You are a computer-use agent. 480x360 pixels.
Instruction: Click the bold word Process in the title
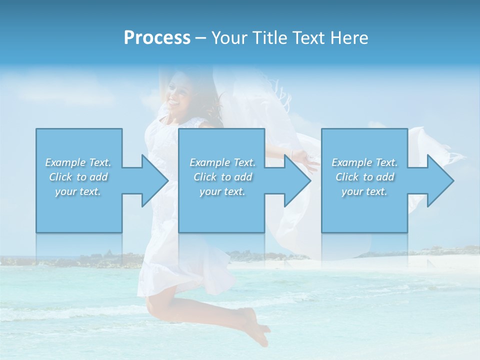(x=157, y=38)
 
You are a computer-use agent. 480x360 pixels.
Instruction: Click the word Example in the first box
(x=65, y=162)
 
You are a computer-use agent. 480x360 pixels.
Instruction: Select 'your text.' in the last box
(x=364, y=191)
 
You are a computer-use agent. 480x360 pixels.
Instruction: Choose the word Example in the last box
(x=352, y=162)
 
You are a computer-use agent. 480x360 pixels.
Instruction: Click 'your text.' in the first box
(x=78, y=191)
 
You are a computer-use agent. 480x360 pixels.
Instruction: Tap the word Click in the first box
(x=60, y=177)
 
